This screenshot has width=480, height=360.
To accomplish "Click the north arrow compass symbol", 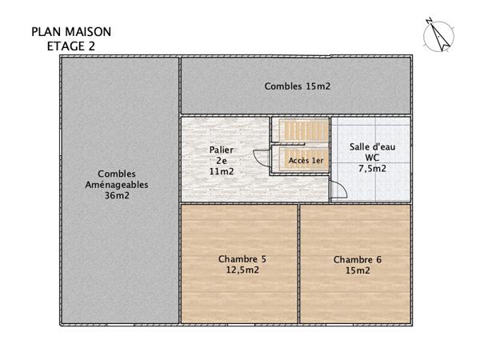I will click(x=438, y=36).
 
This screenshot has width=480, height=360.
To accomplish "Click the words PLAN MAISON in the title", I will click(x=71, y=32).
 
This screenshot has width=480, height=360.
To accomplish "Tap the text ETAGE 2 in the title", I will click(x=71, y=46).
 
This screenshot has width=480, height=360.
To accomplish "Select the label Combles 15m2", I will click(x=298, y=86).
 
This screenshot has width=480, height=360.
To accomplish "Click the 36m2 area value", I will click(x=117, y=195).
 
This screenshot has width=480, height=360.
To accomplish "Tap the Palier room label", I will click(x=221, y=150).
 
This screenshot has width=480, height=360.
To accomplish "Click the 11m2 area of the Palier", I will click(x=221, y=170).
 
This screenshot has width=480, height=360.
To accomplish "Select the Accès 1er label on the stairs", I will click(x=306, y=160).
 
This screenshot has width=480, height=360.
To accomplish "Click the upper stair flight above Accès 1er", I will click(x=301, y=130).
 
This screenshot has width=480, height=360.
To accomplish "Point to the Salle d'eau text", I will click(x=372, y=147).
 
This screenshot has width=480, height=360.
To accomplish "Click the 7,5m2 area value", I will click(x=372, y=169).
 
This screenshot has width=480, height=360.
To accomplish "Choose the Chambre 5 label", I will click(x=242, y=259).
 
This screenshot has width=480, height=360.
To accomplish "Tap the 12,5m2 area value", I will click(x=242, y=270).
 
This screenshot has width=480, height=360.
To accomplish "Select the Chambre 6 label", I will click(x=357, y=259).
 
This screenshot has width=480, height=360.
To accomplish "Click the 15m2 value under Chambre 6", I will click(x=357, y=270).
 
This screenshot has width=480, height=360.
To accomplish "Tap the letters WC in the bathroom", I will click(x=372, y=158).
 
